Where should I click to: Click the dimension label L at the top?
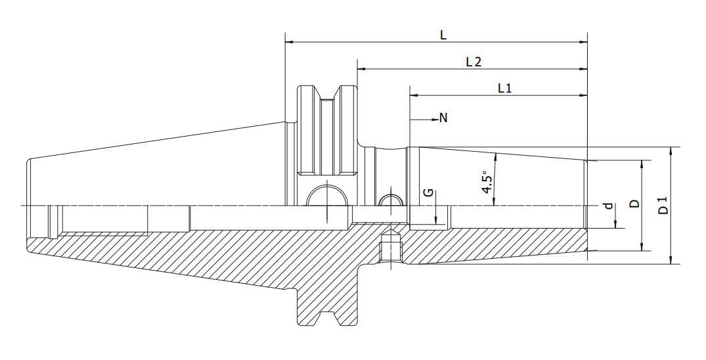coord(443,35)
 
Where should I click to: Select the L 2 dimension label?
coord(474,61)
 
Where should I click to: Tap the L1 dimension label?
coord(505,88)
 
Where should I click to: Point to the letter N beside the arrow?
coord(443,118)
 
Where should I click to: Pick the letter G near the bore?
coord(429,192)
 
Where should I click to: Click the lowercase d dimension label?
coord(609,206)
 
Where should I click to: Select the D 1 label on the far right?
coord(663,205)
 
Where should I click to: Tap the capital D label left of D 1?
coord(634,203)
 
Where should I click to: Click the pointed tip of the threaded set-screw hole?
coord(391,231)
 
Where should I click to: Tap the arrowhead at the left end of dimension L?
coord(290,42)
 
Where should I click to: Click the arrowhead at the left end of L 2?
coord(361,69)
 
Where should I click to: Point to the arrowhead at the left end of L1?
coord(414,95)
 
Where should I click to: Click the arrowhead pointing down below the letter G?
coord(436,220)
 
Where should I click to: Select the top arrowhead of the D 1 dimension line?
coord(671,151)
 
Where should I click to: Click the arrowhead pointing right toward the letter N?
coord(435,120)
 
